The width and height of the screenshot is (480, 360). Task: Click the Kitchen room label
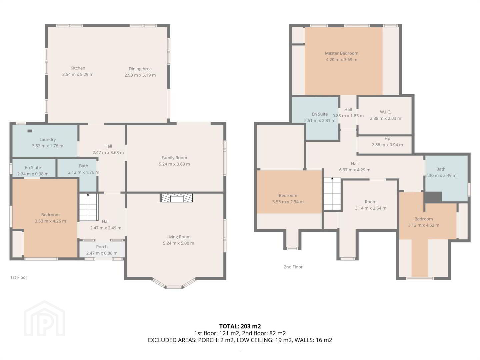(78, 68)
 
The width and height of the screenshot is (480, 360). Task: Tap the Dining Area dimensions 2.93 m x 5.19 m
(140, 75)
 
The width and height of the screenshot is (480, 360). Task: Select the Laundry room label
(48, 139)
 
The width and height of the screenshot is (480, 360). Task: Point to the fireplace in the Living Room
(177, 198)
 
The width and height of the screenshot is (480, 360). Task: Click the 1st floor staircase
(88, 207)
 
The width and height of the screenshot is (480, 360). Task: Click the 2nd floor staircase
(332, 194)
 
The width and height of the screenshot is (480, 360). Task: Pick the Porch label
(102, 247)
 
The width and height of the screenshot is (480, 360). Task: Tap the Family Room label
(174, 158)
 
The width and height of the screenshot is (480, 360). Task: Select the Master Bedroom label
(342, 53)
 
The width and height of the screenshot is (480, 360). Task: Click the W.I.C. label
(385, 112)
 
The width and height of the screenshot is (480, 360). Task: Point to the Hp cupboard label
(387, 139)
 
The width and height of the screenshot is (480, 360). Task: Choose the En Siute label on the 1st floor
(33, 167)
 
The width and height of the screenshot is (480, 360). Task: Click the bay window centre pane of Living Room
(174, 287)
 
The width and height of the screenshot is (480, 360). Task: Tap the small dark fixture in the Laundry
(30, 131)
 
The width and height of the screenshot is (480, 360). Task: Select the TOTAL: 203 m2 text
(240, 326)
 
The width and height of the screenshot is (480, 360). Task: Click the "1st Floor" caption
(19, 277)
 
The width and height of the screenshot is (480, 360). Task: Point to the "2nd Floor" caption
(293, 267)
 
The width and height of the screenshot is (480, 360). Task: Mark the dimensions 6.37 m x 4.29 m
(355, 170)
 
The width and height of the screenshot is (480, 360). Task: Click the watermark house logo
(44, 318)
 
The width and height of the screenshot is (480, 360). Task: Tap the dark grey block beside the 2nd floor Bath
(433, 197)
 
